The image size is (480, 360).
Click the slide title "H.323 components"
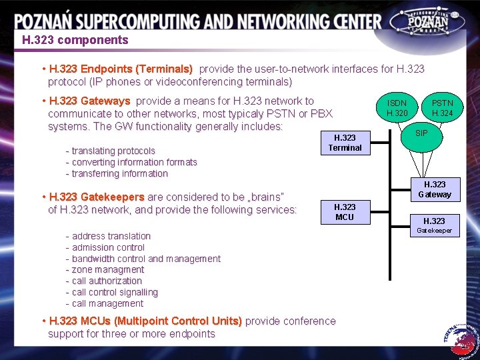(x=75, y=40)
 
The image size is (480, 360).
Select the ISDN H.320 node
(x=397, y=108)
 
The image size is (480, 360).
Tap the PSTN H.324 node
(x=442, y=108)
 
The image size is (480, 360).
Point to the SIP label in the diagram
(x=421, y=133)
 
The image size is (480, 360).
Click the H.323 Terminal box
(x=345, y=143)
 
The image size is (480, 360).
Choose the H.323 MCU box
(x=345, y=212)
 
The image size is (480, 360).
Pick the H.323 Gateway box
(x=435, y=189)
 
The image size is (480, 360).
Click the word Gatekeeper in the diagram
(x=435, y=231)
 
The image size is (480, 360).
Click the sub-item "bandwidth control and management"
(x=146, y=259)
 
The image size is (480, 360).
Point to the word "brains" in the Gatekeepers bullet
(x=265, y=197)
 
